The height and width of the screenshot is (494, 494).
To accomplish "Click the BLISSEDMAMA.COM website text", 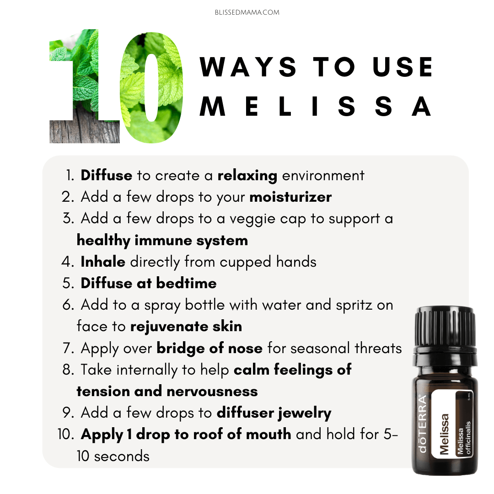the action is click(x=247, y=12).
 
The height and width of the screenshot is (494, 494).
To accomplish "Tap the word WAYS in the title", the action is click(x=248, y=67).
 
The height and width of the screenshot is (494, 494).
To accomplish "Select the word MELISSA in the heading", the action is click(x=316, y=106).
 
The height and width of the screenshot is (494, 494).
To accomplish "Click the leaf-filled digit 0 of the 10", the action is click(x=152, y=87).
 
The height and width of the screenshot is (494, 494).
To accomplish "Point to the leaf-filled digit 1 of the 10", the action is click(x=85, y=86).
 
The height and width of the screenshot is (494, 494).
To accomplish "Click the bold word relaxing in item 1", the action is click(x=247, y=176).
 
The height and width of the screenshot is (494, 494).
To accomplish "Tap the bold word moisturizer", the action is click(x=290, y=197).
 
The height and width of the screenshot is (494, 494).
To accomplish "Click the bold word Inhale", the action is click(x=103, y=262).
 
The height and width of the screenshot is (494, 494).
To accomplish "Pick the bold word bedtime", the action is click(x=187, y=283).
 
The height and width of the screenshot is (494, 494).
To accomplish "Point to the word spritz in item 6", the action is click(x=354, y=305).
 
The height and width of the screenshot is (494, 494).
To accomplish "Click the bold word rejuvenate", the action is click(x=169, y=327).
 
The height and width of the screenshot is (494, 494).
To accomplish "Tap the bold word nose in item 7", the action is click(x=245, y=349).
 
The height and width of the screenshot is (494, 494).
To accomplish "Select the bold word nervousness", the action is click(x=212, y=392).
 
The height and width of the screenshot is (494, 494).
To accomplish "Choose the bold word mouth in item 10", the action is click(x=268, y=435).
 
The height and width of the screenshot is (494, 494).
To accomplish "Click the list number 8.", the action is click(x=68, y=370).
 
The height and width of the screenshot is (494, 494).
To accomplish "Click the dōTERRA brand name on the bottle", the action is click(x=422, y=424).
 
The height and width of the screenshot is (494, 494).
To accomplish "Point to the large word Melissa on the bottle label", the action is click(x=444, y=434).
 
